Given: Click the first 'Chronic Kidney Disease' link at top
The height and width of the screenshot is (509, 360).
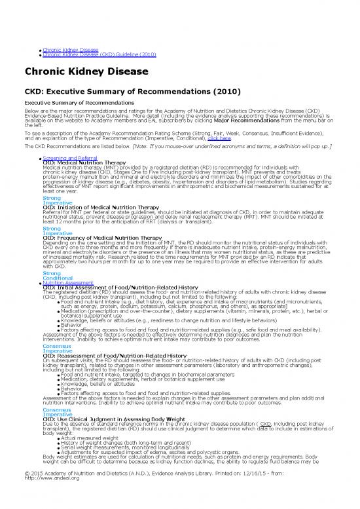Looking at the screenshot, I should tap(70, 50).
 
